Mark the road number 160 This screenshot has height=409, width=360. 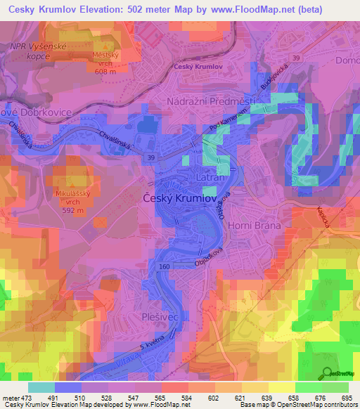coord(164,266)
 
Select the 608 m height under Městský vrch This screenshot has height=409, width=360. coord(108,71)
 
